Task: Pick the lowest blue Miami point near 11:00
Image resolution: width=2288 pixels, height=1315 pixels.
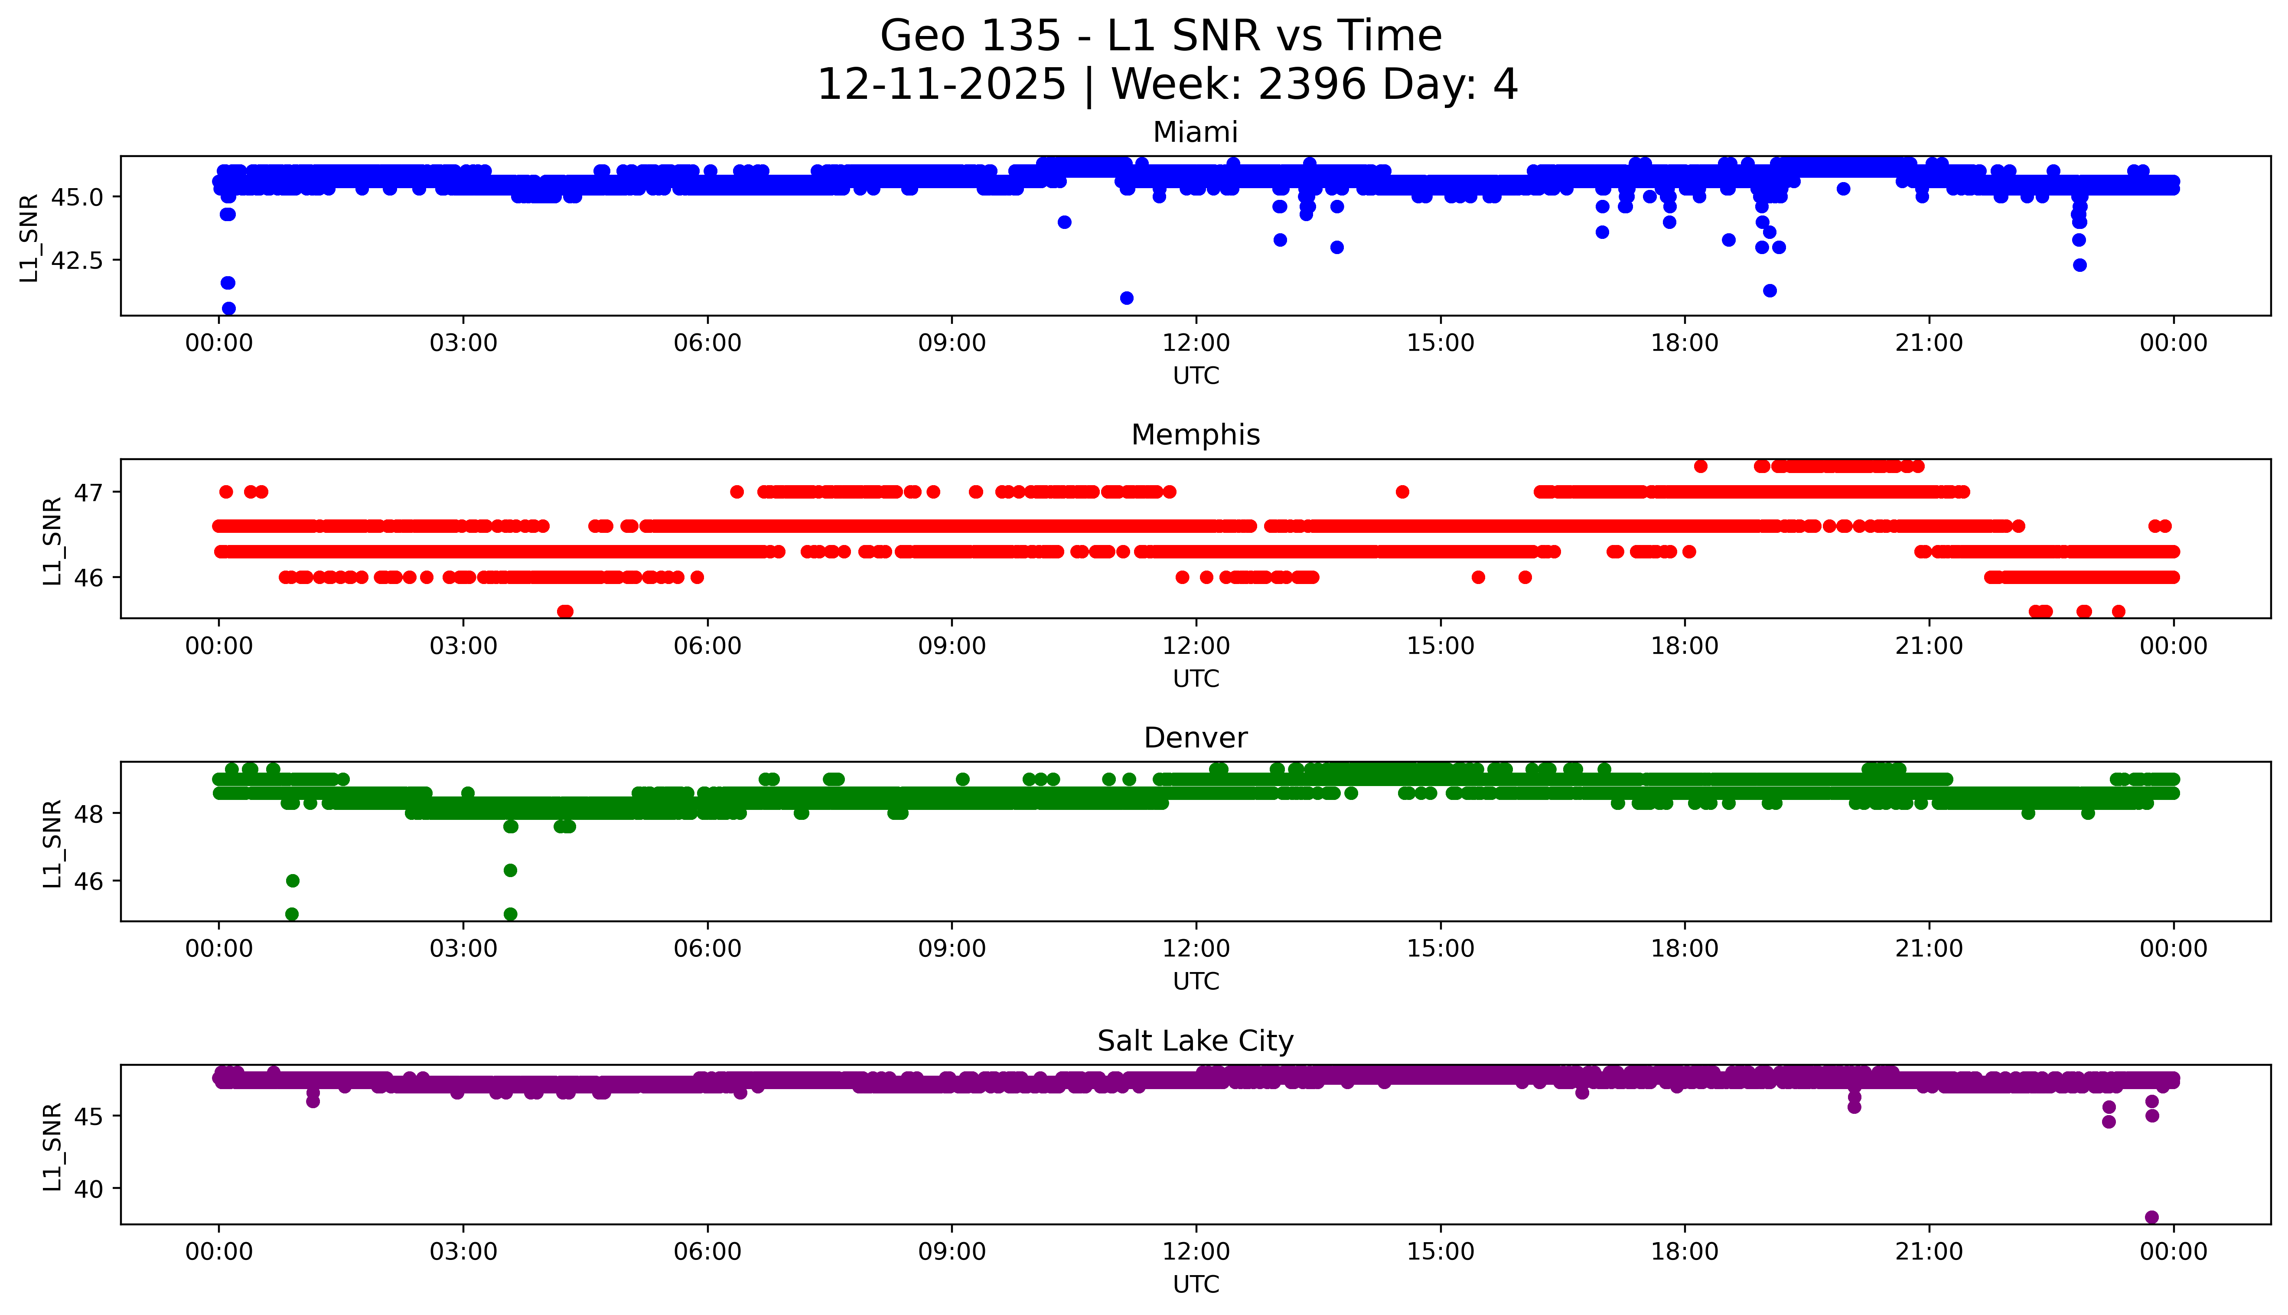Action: (x=1126, y=298)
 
